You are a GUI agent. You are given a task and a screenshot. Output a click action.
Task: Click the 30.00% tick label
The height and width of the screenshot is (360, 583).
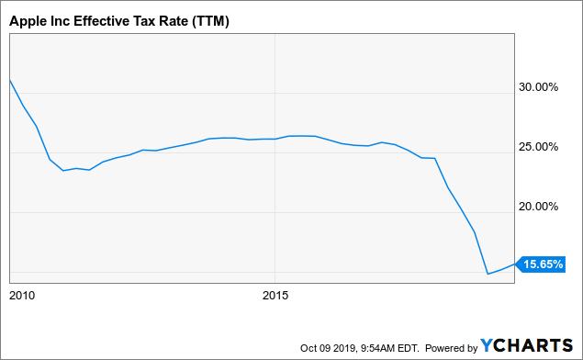[538, 87]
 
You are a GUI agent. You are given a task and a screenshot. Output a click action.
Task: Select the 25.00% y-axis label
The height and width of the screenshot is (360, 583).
[538, 147]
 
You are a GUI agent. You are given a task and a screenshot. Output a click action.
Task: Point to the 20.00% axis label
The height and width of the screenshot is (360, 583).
[538, 207]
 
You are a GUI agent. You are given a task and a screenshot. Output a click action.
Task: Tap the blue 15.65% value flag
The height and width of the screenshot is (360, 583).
[542, 264]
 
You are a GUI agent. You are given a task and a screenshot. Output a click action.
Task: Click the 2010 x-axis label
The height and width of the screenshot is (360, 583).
[22, 296]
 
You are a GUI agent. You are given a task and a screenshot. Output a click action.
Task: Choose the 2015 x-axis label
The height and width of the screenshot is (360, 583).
[275, 296]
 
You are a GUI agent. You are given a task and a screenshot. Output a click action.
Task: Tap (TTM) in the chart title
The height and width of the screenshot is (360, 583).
[210, 21]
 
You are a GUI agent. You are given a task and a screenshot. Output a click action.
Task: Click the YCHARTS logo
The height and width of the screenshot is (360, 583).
[526, 345]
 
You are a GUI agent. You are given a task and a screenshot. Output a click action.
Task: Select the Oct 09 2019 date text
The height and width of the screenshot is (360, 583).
[329, 348]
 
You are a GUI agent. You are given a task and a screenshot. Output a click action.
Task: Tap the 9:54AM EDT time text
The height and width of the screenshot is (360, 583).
[389, 348]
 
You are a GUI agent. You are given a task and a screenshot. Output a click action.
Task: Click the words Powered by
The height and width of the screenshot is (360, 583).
[451, 348]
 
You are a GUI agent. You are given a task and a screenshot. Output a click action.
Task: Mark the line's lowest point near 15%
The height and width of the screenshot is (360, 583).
[488, 274]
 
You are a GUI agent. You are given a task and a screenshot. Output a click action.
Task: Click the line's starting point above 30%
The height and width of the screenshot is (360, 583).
[10, 80]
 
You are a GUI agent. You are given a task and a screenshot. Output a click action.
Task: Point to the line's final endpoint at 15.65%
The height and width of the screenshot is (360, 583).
[514, 264]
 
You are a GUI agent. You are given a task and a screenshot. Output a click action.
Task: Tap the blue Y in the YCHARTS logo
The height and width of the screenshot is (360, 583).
[487, 345]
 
